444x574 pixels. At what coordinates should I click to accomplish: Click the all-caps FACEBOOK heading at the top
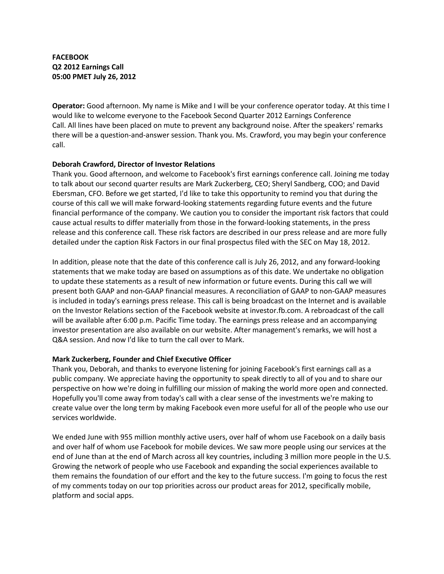click(70, 57)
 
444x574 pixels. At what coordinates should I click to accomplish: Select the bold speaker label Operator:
click(68, 106)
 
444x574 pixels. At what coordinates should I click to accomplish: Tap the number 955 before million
click(126, 437)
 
